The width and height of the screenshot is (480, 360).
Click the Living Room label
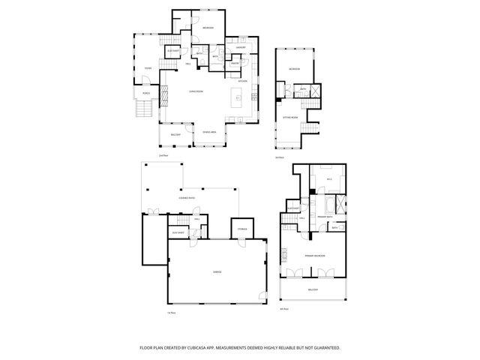coord(196,90)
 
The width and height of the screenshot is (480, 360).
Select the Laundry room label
coord(241,48)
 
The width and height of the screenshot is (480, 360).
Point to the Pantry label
coord(235,64)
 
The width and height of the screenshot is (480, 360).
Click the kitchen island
coord(238,96)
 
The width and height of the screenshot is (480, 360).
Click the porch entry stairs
coord(142,112)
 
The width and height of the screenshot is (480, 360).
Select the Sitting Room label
coord(290,118)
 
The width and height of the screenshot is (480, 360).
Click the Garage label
coord(216,271)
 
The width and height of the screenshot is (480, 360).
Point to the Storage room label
coord(242,228)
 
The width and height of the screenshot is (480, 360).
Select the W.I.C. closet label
coord(329,180)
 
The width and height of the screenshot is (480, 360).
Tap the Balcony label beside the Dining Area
coord(175,135)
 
